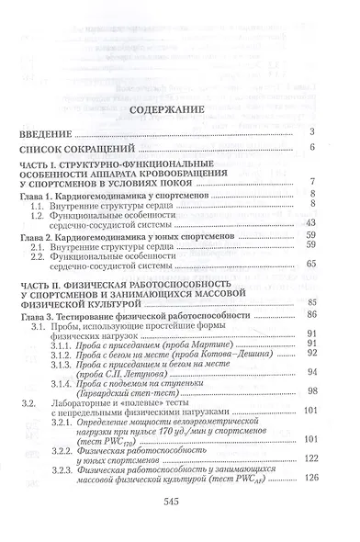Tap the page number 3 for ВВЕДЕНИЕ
pos(313,133)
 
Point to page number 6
pos(313,147)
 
